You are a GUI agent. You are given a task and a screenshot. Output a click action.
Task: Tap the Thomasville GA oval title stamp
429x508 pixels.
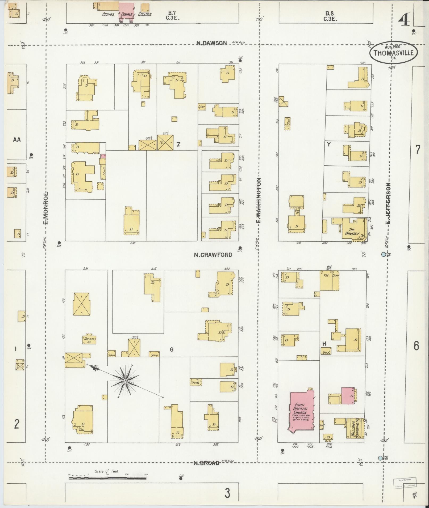click(x=393, y=53)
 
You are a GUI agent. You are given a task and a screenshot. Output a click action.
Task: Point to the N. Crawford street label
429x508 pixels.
click(x=213, y=255)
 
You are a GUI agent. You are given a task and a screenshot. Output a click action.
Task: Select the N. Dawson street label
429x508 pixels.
click(x=212, y=43)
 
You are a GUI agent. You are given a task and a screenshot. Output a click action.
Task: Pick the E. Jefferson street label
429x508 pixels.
click(x=389, y=204)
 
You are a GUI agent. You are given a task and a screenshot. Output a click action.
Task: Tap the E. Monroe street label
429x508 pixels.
click(x=45, y=207)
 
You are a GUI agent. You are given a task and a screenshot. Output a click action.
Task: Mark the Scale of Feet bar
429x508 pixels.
click(x=107, y=478)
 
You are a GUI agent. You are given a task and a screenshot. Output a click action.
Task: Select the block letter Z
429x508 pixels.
click(x=178, y=144)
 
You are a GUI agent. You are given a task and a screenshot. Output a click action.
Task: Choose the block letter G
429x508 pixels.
click(x=172, y=350)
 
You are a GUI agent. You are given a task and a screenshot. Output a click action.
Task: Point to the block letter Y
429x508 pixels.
click(x=329, y=145)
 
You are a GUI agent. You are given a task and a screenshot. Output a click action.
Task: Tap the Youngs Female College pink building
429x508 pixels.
click(x=126, y=11)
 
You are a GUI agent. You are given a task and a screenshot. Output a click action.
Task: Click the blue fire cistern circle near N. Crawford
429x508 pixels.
click(x=383, y=254)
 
